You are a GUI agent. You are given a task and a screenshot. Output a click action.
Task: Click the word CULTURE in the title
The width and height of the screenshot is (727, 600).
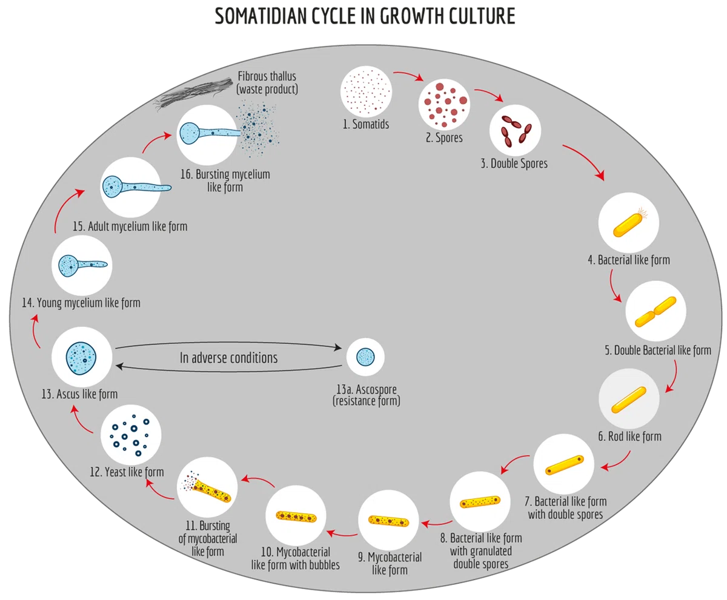pyautogui.click(x=482, y=16)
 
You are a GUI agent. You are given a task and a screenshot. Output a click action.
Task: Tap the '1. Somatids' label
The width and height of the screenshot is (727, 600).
pyautogui.click(x=365, y=124)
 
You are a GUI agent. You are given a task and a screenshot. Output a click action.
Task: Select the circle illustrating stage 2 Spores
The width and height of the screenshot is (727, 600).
pyautogui.click(x=444, y=104)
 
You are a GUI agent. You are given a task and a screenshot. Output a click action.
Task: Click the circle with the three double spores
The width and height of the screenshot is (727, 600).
pyautogui.click(x=515, y=131)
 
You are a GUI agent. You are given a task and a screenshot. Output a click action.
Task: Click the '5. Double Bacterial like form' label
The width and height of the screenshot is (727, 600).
pyautogui.click(x=658, y=351)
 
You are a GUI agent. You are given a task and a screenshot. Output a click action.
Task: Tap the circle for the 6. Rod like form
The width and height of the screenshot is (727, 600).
pyautogui.click(x=629, y=399)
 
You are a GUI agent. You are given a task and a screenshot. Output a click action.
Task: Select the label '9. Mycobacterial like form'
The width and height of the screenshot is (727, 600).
pyautogui.click(x=390, y=564)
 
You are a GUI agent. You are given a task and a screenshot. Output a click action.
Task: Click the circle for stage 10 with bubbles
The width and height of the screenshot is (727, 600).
pyautogui.click(x=296, y=516)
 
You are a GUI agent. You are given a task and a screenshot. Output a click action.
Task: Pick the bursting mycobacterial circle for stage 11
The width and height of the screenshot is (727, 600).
pyautogui.click(x=207, y=487)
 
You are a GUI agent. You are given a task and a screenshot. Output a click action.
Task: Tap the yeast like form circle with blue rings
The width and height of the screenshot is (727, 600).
pyautogui.click(x=131, y=435)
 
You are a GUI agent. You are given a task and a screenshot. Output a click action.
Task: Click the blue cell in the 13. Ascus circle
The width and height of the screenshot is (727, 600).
pyautogui.click(x=81, y=358)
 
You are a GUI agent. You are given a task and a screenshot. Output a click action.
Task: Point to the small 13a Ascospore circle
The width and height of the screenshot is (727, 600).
pyautogui.click(x=365, y=357)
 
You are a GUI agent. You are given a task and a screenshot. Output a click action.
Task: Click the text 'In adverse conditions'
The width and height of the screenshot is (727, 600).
pyautogui.click(x=228, y=358)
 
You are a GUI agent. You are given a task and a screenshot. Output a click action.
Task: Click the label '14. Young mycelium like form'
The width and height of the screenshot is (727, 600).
pyautogui.click(x=81, y=303)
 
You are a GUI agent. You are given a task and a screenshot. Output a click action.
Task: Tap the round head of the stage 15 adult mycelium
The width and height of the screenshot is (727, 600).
pyautogui.click(x=112, y=187)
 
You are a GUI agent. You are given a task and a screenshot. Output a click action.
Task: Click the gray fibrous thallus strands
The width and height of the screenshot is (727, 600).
pyautogui.click(x=194, y=94)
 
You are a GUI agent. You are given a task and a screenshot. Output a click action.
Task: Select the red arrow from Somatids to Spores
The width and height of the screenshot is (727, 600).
pyautogui.click(x=408, y=75)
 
